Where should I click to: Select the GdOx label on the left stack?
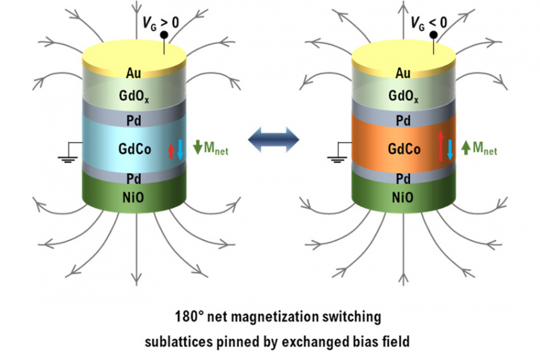tap(135, 97)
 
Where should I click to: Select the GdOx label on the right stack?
tap(402, 97)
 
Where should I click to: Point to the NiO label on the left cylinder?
tap(135, 197)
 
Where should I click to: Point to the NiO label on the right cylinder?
tap(402, 197)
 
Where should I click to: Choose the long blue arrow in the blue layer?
tap(180, 148)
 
